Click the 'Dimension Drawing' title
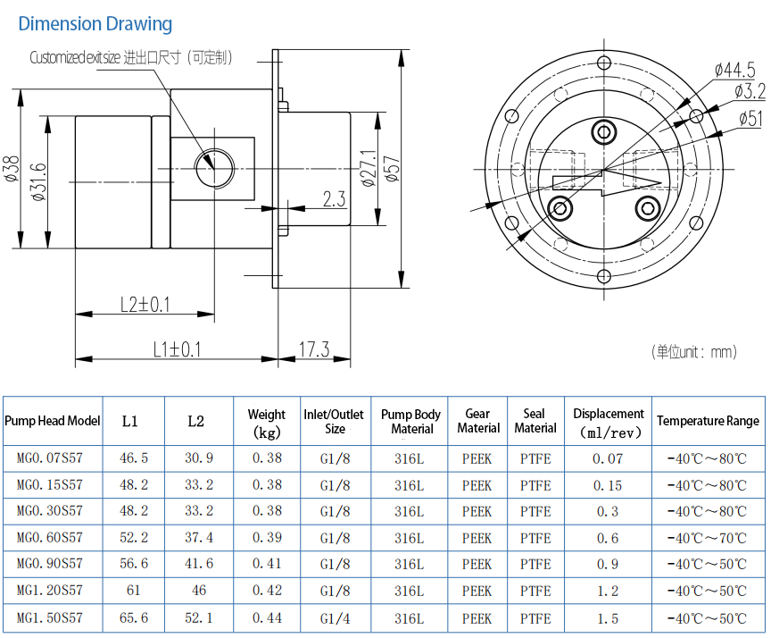click(x=95, y=24)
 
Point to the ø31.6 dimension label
click(x=38, y=182)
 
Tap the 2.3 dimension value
click(x=334, y=199)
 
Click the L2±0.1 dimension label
click(x=145, y=304)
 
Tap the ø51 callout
click(x=751, y=118)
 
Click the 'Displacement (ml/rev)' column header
click(x=608, y=423)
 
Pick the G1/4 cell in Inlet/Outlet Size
click(x=335, y=618)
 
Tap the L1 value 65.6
click(x=133, y=618)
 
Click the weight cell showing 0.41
click(x=267, y=565)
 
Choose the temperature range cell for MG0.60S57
click(x=707, y=538)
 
